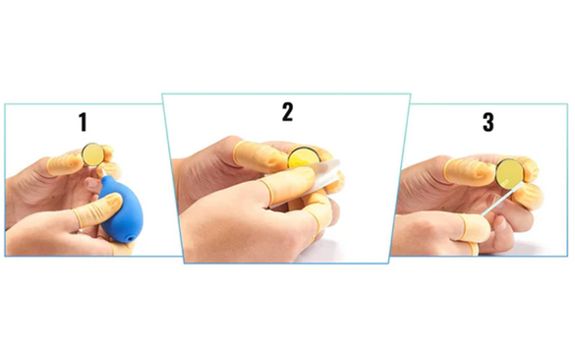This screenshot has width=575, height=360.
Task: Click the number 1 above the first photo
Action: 84,122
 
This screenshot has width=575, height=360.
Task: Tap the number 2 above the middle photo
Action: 287,112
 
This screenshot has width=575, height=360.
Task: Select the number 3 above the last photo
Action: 489,122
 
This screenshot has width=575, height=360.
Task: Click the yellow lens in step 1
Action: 92,154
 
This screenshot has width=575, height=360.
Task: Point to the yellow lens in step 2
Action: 304,157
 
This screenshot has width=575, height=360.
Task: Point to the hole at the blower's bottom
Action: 130,239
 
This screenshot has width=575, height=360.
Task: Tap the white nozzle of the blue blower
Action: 100,172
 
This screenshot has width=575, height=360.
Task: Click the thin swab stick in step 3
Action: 501,198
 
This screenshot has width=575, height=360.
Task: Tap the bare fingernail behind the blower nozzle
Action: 91,183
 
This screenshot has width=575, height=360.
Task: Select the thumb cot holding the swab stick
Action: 475,227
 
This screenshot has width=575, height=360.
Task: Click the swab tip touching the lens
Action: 506,181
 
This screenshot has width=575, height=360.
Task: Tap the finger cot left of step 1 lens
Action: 65,164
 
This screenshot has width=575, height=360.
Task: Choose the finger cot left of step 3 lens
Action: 471,171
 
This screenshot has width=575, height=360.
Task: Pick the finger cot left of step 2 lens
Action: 261,156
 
